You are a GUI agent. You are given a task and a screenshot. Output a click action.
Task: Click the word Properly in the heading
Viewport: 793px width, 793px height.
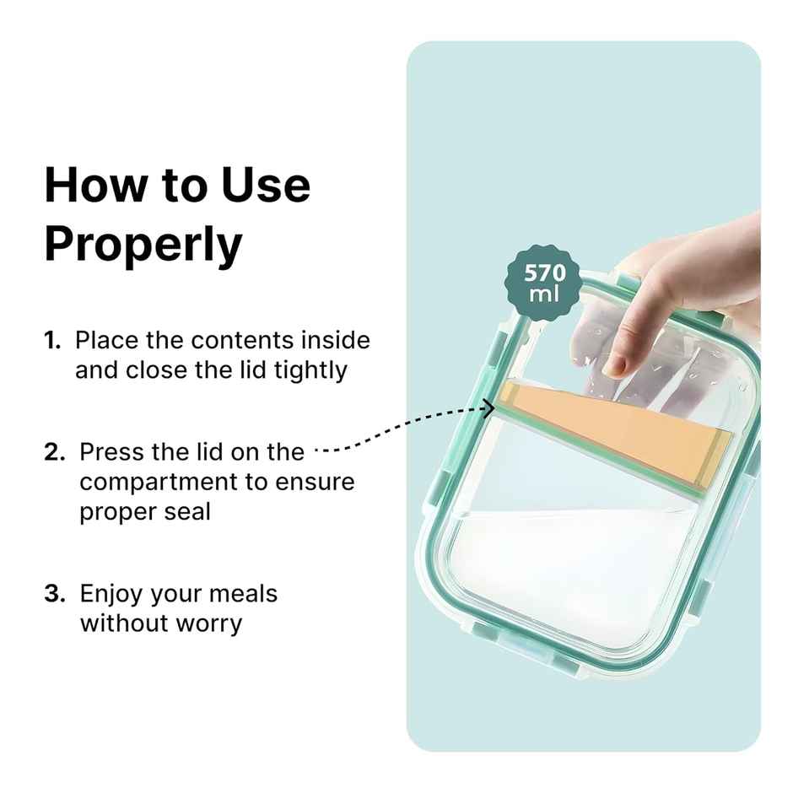pyautogui.click(x=143, y=245)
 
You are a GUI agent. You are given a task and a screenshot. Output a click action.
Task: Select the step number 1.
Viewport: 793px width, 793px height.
pyautogui.click(x=52, y=341)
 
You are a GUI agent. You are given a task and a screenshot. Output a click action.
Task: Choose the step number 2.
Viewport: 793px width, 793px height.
pyautogui.click(x=54, y=452)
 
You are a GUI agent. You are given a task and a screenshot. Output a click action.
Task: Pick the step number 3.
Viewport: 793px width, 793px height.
pyautogui.click(x=54, y=594)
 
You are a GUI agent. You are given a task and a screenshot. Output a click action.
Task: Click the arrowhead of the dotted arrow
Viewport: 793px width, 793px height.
pyautogui.click(x=488, y=409)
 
